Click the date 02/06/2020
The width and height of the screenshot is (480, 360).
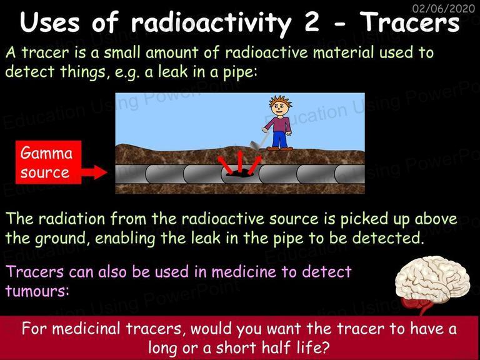click(x=444, y=8)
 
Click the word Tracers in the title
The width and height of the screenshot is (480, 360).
click(x=409, y=22)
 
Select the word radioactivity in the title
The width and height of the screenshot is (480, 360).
click(x=211, y=24)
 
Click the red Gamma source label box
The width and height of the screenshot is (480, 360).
click(x=49, y=162)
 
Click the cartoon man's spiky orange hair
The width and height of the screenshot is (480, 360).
click(x=280, y=101)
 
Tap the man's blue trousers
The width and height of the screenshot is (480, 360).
click(x=280, y=139)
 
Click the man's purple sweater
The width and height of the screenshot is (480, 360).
click(x=279, y=124)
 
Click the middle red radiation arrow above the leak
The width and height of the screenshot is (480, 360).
click(x=240, y=161)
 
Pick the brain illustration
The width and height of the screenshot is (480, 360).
click(x=432, y=280)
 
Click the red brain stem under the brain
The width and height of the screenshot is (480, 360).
click(x=418, y=306)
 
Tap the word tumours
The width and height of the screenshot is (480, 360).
click(x=37, y=290)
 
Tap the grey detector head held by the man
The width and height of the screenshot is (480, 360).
click(x=255, y=145)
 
